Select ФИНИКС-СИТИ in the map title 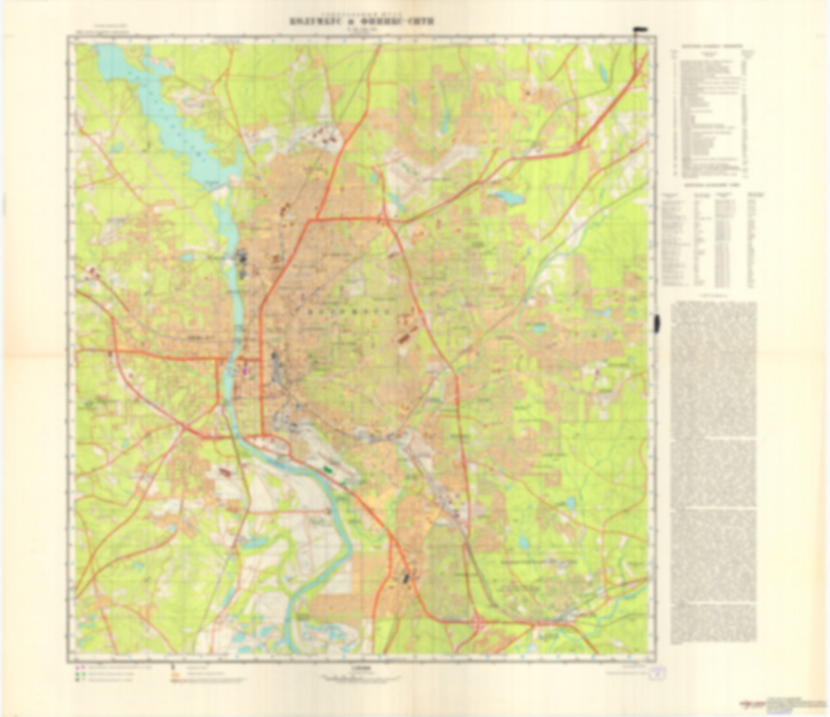coord(407,21)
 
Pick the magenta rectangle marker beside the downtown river coord(246,371)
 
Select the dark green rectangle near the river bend coord(329,469)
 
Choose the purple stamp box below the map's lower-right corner coord(654,675)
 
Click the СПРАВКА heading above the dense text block coord(712,297)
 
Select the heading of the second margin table coord(712,186)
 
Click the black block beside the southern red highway coord(407,577)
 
